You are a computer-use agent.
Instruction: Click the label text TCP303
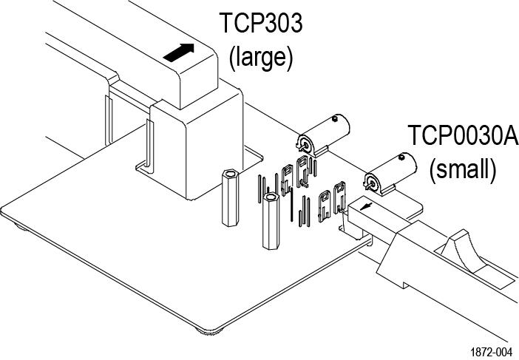click(x=261, y=24)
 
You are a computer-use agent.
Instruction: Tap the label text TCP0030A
click(x=463, y=137)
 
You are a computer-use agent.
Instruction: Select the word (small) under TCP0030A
click(x=463, y=169)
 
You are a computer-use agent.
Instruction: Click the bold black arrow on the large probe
click(x=180, y=52)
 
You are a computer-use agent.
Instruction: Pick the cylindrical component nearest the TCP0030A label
click(x=389, y=171)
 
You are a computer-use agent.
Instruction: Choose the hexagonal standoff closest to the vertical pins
click(x=271, y=222)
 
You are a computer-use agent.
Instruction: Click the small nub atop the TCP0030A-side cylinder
click(x=402, y=157)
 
